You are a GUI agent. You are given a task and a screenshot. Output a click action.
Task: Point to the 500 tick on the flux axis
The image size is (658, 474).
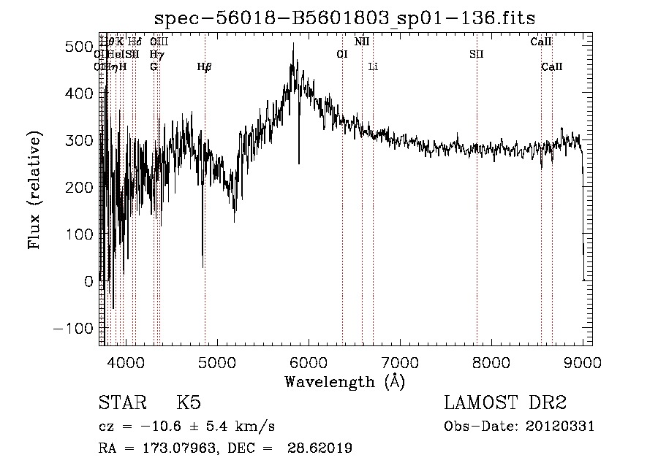tap(76, 47)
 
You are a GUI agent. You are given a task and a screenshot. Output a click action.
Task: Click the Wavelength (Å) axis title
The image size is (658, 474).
tap(344, 381)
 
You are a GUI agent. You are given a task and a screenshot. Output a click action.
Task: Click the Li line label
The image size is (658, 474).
tap(373, 67)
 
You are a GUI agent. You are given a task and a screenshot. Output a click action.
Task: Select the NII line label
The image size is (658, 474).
tap(362, 42)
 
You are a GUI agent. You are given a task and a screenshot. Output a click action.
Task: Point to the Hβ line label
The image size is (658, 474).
tap(205, 67)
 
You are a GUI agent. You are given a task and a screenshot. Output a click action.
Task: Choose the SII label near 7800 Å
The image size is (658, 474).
tap(477, 55)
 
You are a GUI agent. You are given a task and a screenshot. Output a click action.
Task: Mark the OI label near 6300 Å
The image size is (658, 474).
tap(341, 55)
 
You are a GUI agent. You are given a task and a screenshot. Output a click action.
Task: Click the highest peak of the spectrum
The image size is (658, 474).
tap(293, 44)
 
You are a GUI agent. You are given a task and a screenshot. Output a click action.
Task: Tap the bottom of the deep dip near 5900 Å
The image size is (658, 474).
tap(298, 164)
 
